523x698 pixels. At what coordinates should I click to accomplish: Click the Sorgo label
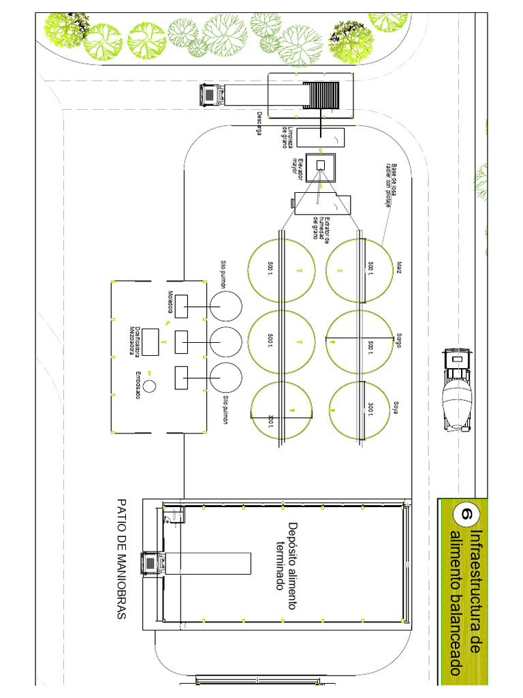pyautogui.click(x=398, y=340)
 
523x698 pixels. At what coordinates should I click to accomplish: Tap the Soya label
pyautogui.click(x=396, y=408)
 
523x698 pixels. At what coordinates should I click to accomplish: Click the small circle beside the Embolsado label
pyautogui.click(x=149, y=385)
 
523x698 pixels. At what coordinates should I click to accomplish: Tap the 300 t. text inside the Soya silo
pyautogui.click(x=370, y=409)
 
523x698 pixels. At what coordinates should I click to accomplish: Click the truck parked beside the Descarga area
pyautogui.click(x=210, y=95)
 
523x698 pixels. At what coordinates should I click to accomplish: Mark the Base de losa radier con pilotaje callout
pyautogui.click(x=394, y=181)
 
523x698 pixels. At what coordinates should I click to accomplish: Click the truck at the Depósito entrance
pyautogui.click(x=152, y=564)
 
